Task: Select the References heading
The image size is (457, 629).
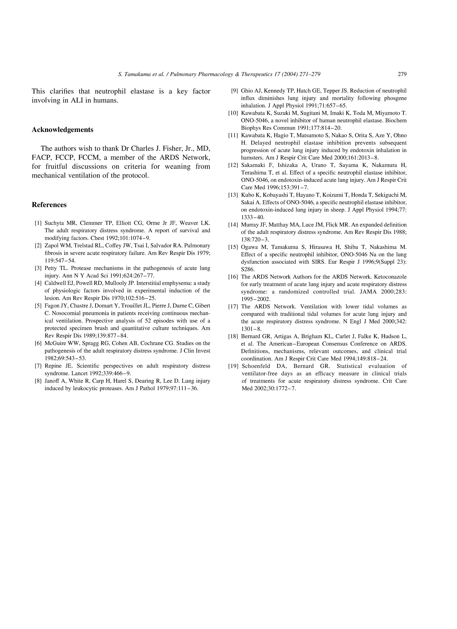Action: (49, 205)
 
